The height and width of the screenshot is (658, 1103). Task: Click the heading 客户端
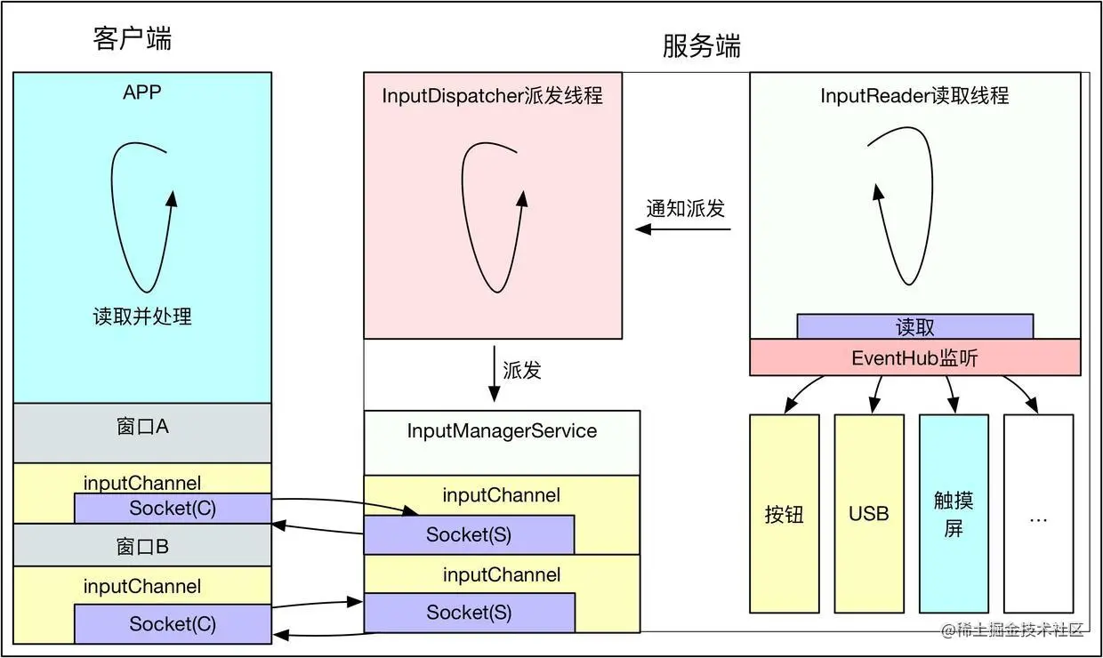tap(133, 38)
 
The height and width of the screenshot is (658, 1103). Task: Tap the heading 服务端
tap(701, 45)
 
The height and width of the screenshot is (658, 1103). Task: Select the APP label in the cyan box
tap(142, 92)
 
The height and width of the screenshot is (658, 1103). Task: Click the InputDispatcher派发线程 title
tap(492, 95)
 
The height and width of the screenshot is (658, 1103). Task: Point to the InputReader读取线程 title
tap(914, 95)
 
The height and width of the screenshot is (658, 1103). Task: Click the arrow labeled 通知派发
tap(683, 229)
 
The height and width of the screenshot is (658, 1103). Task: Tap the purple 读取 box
tap(914, 326)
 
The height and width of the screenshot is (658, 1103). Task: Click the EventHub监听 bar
tap(914, 357)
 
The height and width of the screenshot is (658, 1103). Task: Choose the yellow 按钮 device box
tap(784, 514)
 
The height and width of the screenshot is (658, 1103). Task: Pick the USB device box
tap(868, 514)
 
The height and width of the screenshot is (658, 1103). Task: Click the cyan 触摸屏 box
tap(954, 514)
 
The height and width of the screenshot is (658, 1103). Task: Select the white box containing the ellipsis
tap(1038, 514)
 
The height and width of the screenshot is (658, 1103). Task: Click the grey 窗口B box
tap(142, 545)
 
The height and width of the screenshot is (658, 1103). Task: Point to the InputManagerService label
tap(502, 431)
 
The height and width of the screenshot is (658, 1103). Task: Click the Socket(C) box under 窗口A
tap(173, 509)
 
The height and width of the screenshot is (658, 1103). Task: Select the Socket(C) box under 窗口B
tap(173, 623)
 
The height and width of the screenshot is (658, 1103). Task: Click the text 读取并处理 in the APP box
tap(142, 316)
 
